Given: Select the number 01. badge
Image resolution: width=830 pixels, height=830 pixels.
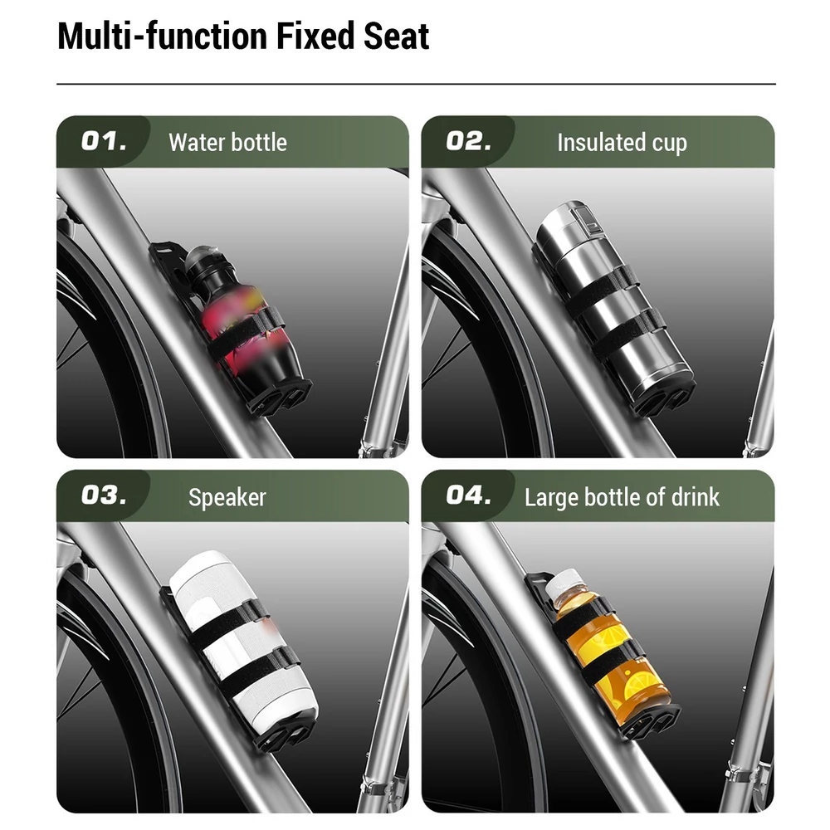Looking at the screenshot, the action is pos(104,141).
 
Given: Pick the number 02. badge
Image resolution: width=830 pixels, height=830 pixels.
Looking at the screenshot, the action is pos(468,141).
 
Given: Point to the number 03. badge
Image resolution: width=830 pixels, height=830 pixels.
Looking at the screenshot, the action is pos(104,496).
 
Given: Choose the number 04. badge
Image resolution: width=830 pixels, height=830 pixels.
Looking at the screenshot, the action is pos(468,496).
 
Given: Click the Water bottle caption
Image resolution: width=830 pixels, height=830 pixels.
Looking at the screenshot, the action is pos(227,143).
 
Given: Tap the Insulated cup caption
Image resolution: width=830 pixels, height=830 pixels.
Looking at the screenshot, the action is pos(622,143).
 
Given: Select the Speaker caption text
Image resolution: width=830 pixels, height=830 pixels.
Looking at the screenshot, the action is pos(227,497).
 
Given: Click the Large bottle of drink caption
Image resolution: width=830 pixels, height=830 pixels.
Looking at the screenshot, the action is pos(622,497).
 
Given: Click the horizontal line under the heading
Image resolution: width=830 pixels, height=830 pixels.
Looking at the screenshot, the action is pos(416,84).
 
